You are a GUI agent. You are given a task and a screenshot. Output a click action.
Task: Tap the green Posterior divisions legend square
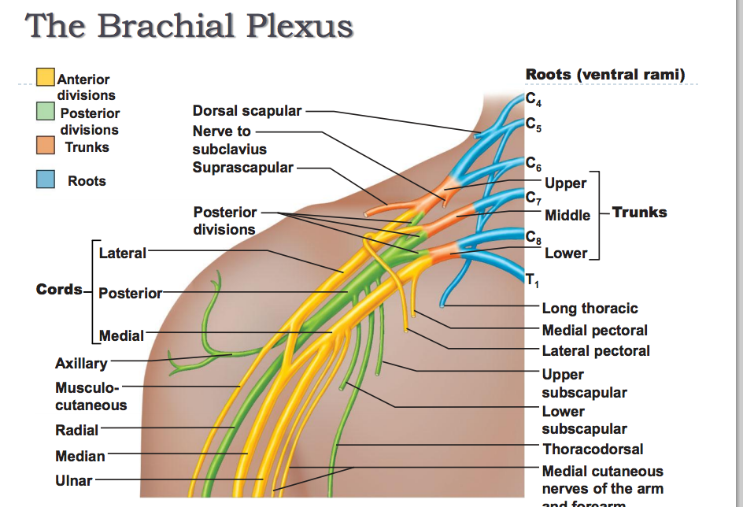(x=45, y=112)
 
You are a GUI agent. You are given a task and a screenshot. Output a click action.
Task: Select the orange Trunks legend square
(x=45, y=146)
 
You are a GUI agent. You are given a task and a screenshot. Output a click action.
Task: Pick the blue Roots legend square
(x=45, y=180)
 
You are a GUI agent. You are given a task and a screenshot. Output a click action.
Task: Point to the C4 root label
(x=534, y=99)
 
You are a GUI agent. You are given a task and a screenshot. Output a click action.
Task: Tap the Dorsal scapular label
(x=247, y=111)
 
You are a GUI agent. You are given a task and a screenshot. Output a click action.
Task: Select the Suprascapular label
(x=242, y=167)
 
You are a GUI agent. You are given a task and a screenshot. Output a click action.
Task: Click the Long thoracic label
(x=590, y=309)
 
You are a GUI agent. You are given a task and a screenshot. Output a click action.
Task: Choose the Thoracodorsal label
(x=593, y=450)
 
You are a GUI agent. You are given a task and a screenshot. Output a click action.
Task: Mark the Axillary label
(x=81, y=364)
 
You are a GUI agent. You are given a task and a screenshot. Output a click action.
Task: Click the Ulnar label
(x=74, y=480)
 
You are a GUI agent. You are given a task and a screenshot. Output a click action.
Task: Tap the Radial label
(x=77, y=431)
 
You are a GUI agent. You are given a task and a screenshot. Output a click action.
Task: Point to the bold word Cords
(x=59, y=289)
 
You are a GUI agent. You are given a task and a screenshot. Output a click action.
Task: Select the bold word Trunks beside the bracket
(x=639, y=212)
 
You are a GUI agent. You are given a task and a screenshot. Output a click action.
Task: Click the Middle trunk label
(x=567, y=215)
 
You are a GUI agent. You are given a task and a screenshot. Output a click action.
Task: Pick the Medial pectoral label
(x=595, y=330)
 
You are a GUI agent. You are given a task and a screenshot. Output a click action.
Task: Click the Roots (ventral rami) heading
(x=605, y=75)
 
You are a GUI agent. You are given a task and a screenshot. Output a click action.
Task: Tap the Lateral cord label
(x=122, y=253)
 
